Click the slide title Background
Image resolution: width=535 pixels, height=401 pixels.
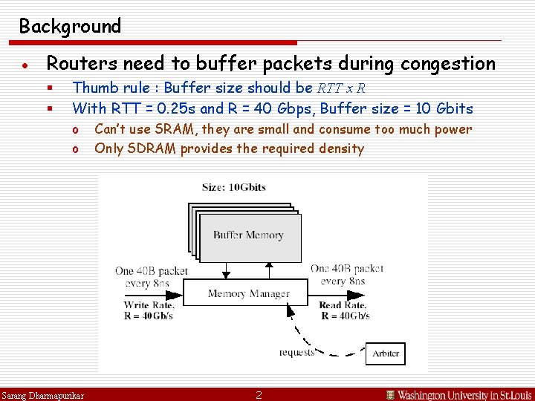[x=70, y=27]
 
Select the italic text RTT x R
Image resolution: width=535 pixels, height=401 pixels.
[x=340, y=88]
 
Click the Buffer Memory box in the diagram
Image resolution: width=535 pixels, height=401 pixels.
[x=248, y=235]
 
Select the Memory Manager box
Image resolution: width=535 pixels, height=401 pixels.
[x=248, y=293]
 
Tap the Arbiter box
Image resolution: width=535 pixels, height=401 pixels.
[x=386, y=353]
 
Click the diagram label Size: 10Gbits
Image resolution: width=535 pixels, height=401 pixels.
[x=235, y=187]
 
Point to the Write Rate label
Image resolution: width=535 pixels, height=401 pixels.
[x=149, y=304]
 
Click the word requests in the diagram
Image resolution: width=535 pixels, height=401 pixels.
[x=296, y=352]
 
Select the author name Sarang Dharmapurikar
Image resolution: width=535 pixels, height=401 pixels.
[x=42, y=394]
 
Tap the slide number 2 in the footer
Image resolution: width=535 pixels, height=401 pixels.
[x=259, y=394]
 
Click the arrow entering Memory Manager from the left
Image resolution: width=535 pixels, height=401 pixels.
[x=152, y=293]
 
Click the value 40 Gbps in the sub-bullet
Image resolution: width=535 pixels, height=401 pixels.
[x=276, y=108]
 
